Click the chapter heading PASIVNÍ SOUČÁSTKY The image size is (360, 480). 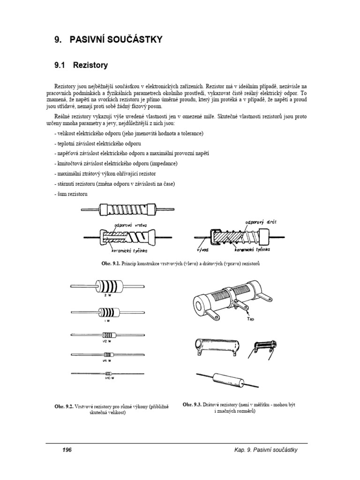(x=116, y=40)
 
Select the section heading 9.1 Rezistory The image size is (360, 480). (x=81, y=66)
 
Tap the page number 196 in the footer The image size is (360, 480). (x=67, y=450)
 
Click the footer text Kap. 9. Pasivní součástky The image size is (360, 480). (x=266, y=450)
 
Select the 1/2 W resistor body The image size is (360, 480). (x=106, y=334)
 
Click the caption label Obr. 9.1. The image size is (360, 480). (x=110, y=264)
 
